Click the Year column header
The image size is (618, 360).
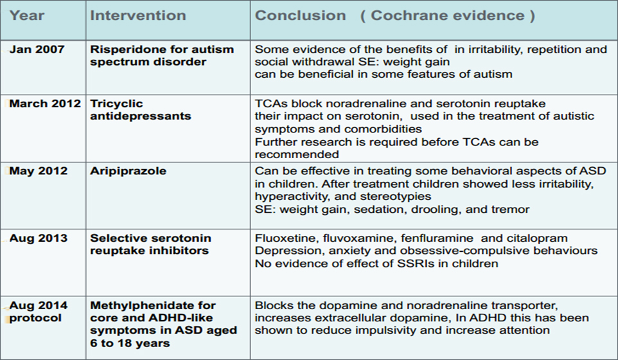(x=27, y=15)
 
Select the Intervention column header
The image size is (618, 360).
(x=138, y=15)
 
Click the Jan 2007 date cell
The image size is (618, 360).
(x=37, y=50)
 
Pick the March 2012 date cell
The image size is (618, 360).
(x=44, y=104)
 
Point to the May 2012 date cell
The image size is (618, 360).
(x=39, y=171)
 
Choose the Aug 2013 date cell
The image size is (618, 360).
(x=39, y=238)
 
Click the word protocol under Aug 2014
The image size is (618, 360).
(x=35, y=318)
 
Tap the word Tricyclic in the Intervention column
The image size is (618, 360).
(x=116, y=104)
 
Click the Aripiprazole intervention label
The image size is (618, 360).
(x=128, y=171)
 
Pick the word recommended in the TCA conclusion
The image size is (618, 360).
(x=297, y=154)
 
